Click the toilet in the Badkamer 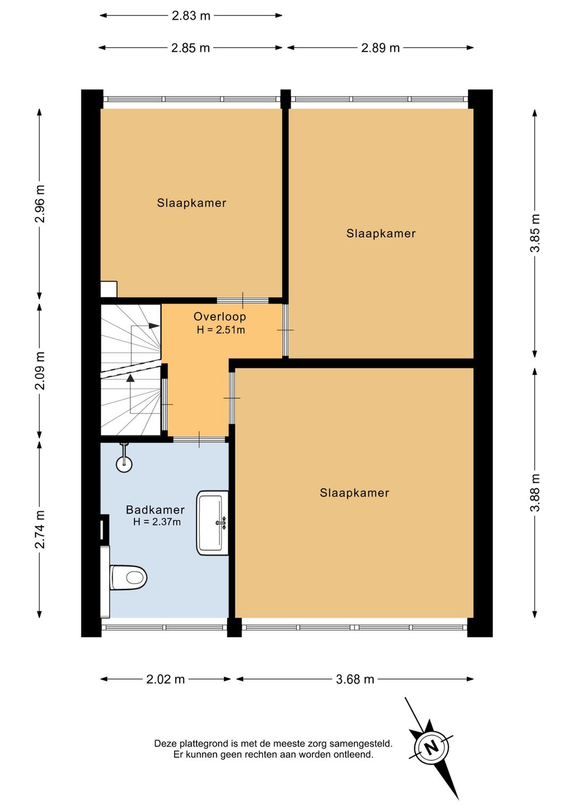tap(128, 577)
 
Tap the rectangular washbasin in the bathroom tap(213, 523)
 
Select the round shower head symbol tap(124, 464)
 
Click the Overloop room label tap(220, 316)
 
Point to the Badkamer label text tap(155, 510)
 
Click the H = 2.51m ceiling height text tap(221, 330)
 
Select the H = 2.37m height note tap(157, 522)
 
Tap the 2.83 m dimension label tap(191, 15)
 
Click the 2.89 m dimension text tap(380, 48)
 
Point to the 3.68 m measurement tap(355, 679)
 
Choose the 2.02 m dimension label tap(165, 679)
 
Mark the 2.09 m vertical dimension tap(40, 370)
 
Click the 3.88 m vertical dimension tap(535, 492)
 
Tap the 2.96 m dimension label tap(40, 204)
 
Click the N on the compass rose tap(431, 747)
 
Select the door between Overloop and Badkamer tap(199, 440)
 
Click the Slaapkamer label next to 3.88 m tap(354, 493)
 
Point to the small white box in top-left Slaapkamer tap(108, 289)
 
